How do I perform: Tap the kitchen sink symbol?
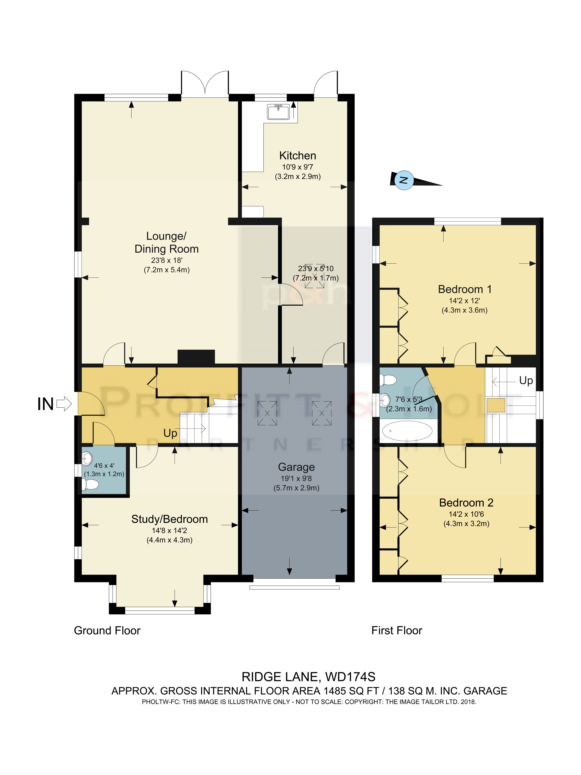click(278, 112)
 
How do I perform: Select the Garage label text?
click(296, 467)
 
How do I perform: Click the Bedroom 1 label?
click(465, 289)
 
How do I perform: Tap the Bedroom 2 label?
click(466, 503)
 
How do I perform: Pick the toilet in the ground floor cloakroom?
click(90, 485)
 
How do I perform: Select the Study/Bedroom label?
click(169, 519)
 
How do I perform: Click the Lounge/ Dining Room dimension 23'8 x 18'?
click(167, 260)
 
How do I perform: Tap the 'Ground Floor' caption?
click(107, 631)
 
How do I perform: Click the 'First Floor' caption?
click(397, 631)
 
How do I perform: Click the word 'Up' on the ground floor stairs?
click(170, 434)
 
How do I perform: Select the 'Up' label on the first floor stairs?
click(526, 381)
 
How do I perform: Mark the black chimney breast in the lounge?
click(196, 357)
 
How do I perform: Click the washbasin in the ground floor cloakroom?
click(87, 458)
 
